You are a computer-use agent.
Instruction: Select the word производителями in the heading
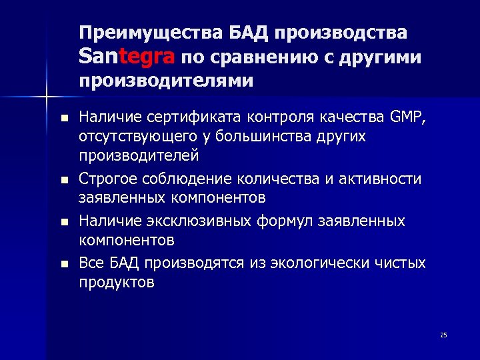pyautogui.click(x=166, y=81)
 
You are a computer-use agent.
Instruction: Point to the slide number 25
pyautogui.click(x=443, y=335)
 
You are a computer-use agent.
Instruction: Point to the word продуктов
pyautogui.click(x=117, y=282)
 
